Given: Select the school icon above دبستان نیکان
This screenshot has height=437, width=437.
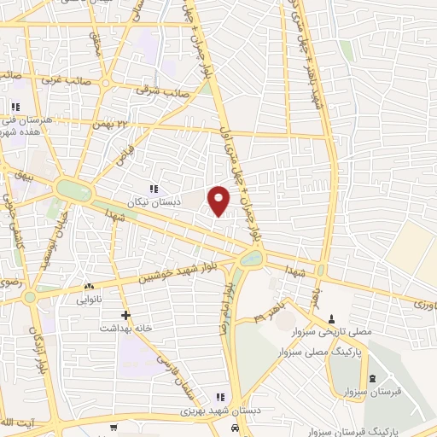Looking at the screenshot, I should (154, 189).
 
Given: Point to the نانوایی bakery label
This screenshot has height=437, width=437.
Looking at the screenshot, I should (89, 300).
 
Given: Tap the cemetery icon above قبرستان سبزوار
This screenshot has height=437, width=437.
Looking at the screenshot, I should (371, 379).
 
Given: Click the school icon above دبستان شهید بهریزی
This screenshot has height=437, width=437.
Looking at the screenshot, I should (219, 397).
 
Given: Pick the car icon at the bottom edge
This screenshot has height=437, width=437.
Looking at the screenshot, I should (234, 429).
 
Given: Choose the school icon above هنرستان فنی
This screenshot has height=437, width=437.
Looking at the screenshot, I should (15, 107).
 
